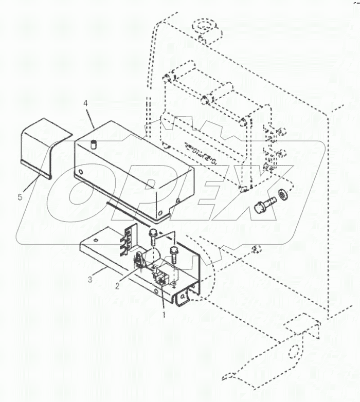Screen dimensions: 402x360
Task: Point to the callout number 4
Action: (86, 103)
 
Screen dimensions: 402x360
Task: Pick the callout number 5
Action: (21, 197)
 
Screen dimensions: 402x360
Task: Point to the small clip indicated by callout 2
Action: (139, 261)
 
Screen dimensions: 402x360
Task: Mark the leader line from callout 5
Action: (29, 182)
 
